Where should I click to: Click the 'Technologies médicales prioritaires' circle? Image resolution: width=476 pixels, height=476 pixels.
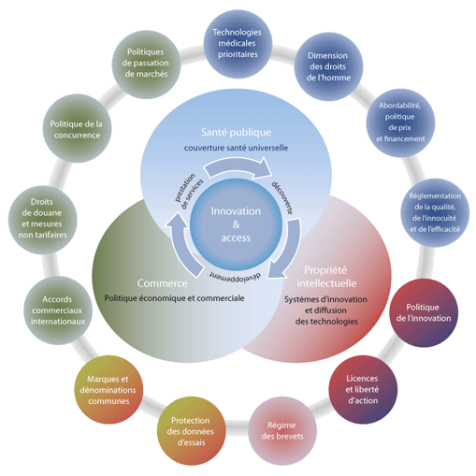(x=238, y=44)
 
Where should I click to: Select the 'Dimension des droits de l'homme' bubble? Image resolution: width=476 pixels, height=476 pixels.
(x=328, y=66)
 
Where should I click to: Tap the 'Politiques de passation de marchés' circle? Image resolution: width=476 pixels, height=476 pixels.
(x=146, y=65)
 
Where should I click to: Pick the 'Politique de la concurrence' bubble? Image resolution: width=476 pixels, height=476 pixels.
(x=77, y=128)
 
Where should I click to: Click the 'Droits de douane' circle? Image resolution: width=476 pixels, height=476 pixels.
(x=43, y=220)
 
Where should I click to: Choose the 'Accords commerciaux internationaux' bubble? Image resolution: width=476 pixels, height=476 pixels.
(x=58, y=310)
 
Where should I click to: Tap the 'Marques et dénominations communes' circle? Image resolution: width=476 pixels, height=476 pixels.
(x=108, y=389)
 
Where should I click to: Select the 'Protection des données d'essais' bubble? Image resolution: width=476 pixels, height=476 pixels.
(x=191, y=431)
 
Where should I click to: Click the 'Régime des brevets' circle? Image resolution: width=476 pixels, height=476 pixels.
(x=282, y=431)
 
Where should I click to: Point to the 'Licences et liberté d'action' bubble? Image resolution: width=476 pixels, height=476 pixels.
(x=363, y=389)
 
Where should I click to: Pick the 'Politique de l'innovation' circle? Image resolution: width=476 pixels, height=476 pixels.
(x=424, y=312)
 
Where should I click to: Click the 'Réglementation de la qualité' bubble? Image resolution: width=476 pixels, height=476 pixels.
(x=435, y=212)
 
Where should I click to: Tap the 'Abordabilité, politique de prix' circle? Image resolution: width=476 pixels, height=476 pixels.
(x=400, y=123)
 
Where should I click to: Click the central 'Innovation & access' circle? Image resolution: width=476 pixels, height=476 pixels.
(x=236, y=224)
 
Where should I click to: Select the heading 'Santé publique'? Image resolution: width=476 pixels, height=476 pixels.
(x=236, y=133)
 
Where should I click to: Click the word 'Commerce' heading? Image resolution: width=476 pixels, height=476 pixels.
(x=163, y=283)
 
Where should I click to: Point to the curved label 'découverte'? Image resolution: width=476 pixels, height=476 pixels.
(x=282, y=197)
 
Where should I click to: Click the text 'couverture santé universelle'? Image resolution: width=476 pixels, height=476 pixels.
(x=236, y=148)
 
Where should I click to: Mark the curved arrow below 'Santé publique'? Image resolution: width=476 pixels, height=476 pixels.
(x=238, y=166)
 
